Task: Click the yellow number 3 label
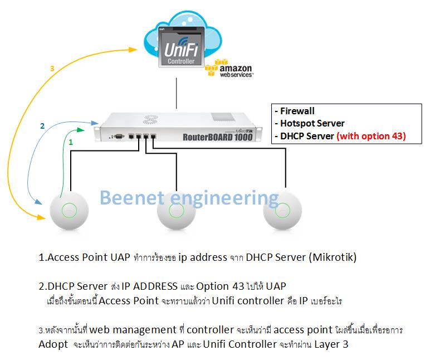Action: coord(52,69)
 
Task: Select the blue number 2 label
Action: coord(42,126)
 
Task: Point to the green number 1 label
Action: coord(70,142)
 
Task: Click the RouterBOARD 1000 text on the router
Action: coord(217,137)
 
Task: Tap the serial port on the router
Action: coord(118,135)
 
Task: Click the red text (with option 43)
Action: coord(370,135)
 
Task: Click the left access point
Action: coord(69,210)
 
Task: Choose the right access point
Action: coord(284,210)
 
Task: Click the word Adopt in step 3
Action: coord(53,344)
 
